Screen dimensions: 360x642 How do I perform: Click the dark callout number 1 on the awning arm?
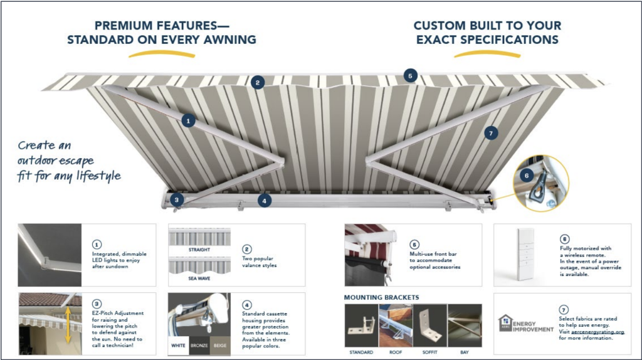click(x=187, y=119)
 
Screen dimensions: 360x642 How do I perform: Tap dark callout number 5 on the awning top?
click(x=410, y=76)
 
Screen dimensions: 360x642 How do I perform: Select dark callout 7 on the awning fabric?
click(x=491, y=132)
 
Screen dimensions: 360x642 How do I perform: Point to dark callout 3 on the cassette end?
click(x=177, y=200)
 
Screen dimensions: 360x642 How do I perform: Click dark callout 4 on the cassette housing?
click(x=265, y=201)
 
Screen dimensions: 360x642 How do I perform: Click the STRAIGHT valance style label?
click(x=199, y=249)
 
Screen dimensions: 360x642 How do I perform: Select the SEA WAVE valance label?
click(x=199, y=277)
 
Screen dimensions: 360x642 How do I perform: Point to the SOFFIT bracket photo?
click(x=430, y=326)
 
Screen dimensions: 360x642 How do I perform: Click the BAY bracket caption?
click(x=465, y=352)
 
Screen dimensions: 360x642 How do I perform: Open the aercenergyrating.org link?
click(x=596, y=332)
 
